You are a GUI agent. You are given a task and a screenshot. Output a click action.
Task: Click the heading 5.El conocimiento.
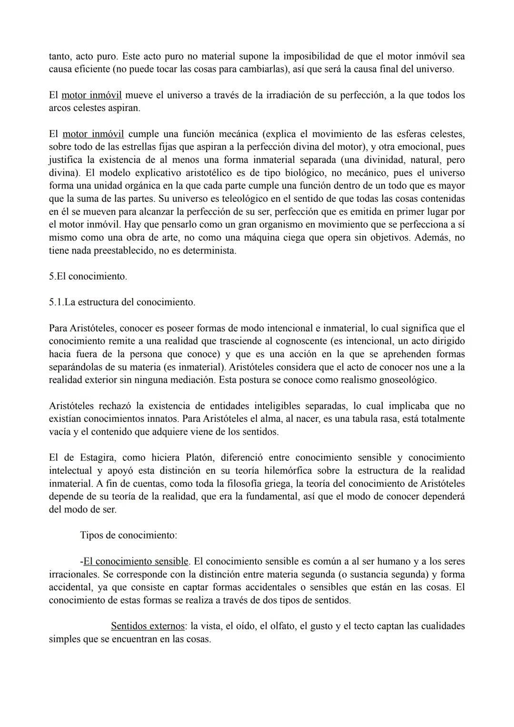pos(88,276)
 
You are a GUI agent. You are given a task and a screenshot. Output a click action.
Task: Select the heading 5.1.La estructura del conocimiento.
pos(122,302)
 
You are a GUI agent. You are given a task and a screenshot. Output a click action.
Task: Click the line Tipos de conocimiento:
pos(128,535)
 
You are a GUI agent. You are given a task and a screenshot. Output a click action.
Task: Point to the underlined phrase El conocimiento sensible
pos(136,561)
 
